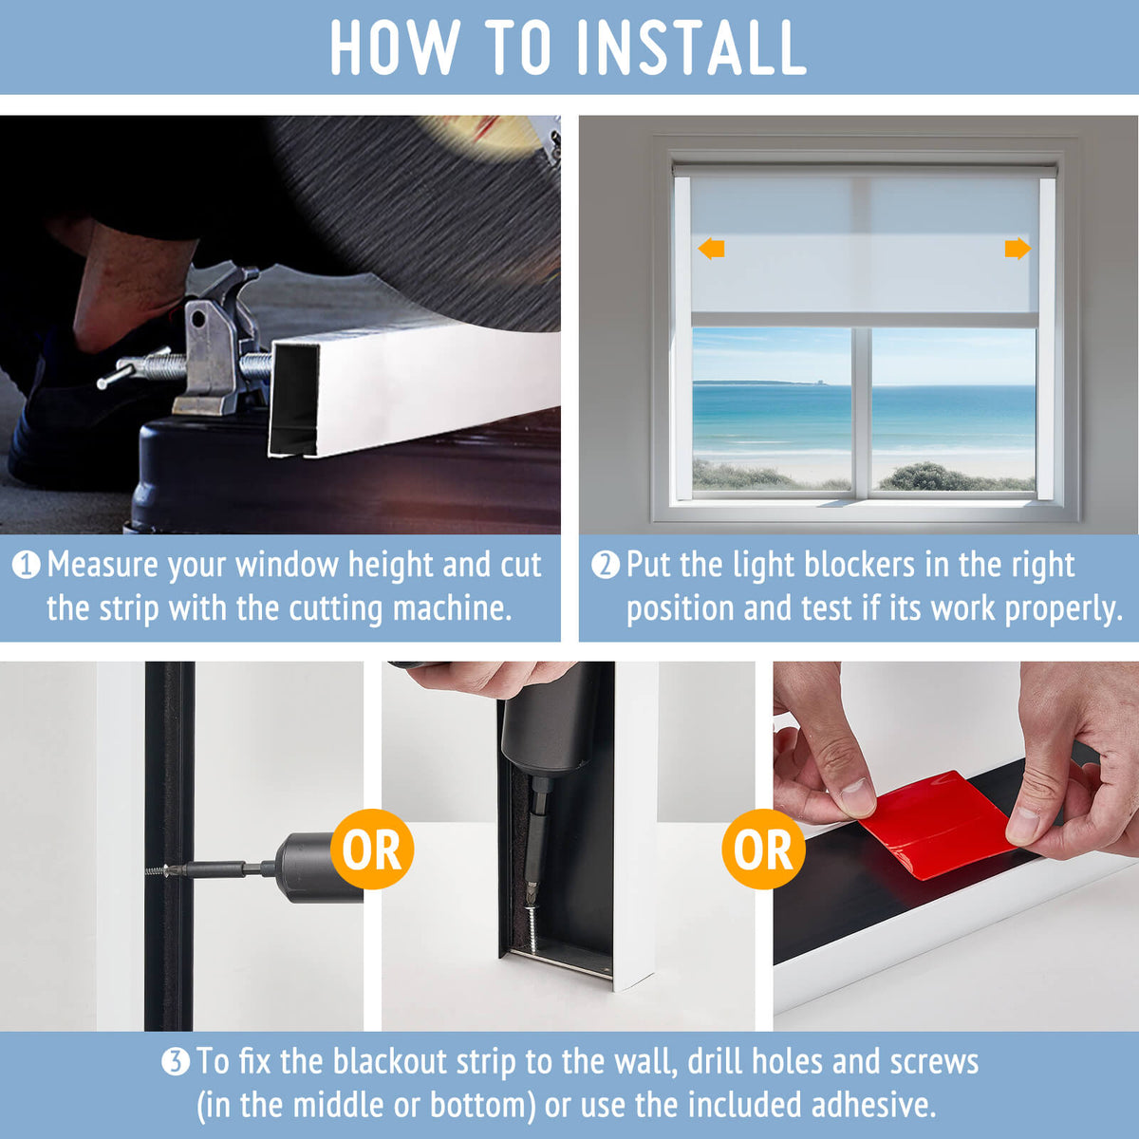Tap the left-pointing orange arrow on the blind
point(711,249)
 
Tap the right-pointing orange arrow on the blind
point(1017,249)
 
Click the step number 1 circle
point(26,566)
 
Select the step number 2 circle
point(605,566)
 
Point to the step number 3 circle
point(175,1061)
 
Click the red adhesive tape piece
point(935,823)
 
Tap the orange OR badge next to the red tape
point(763,849)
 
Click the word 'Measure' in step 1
point(103,566)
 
